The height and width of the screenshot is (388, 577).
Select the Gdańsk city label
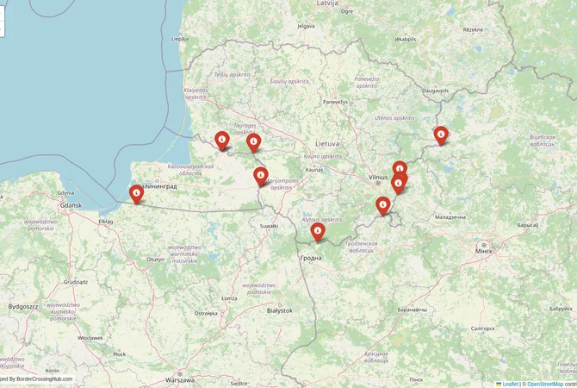click(x=69, y=205)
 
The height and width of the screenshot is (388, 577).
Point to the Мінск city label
click(x=486, y=249)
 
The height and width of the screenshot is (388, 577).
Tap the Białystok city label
click(x=280, y=310)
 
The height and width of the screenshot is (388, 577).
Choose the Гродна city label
click(x=311, y=257)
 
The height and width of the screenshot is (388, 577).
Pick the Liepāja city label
click(x=180, y=39)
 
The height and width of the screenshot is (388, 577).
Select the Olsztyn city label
click(x=156, y=258)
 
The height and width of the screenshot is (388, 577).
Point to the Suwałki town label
click(x=269, y=226)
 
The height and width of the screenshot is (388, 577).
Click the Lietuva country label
click(x=327, y=142)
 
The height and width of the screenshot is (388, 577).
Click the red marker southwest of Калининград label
click(x=136, y=194)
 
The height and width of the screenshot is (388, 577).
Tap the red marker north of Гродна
click(x=318, y=230)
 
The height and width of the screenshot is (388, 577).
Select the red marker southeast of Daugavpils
click(x=441, y=134)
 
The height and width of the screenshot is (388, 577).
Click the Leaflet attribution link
click(x=510, y=384)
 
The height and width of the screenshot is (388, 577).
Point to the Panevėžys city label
click(x=335, y=102)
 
